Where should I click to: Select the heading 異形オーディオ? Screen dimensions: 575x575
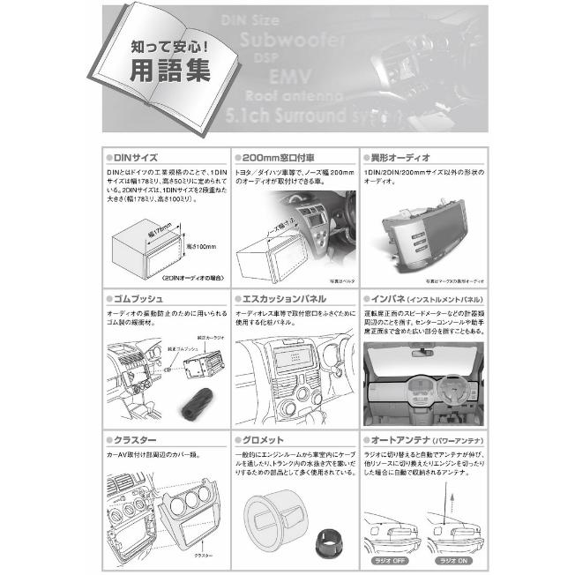[405, 155]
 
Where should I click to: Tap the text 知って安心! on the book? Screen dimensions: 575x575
[161, 41]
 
